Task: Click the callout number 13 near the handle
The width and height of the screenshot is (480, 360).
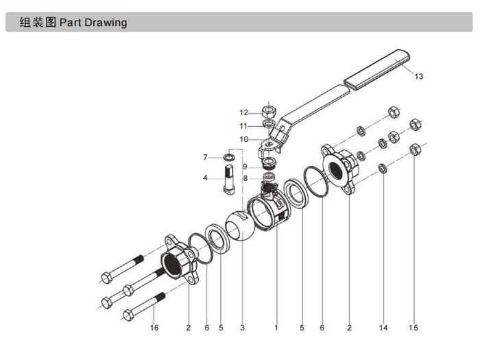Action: point(419,77)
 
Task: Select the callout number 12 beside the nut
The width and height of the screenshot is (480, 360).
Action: point(243,112)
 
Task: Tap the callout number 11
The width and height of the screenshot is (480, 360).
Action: point(243,125)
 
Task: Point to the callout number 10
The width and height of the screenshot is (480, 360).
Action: point(243,139)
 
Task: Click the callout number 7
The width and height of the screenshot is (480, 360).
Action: point(205,158)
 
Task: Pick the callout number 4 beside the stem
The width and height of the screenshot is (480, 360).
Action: point(205,178)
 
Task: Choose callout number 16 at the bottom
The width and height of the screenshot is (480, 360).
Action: point(154,328)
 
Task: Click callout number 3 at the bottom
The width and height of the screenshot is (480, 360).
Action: point(241,328)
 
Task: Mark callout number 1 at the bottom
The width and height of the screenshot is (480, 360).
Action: point(276,328)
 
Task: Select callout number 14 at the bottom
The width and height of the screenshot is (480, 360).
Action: point(383,328)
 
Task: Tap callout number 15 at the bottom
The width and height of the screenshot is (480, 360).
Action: point(413,328)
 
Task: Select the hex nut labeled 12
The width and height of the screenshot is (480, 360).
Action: point(270,111)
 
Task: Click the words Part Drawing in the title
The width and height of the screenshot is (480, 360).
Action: point(93,23)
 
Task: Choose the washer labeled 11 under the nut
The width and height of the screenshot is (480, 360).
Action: point(270,125)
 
